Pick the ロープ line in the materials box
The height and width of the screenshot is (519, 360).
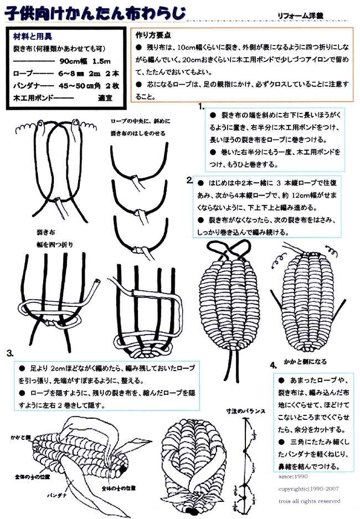tap(62, 75)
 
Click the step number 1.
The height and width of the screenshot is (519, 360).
tap(202, 105)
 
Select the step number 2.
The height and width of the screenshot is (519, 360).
tap(189, 180)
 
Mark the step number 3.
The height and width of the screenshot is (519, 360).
tap(10, 353)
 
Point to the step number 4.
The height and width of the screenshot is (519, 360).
tap(272, 365)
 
